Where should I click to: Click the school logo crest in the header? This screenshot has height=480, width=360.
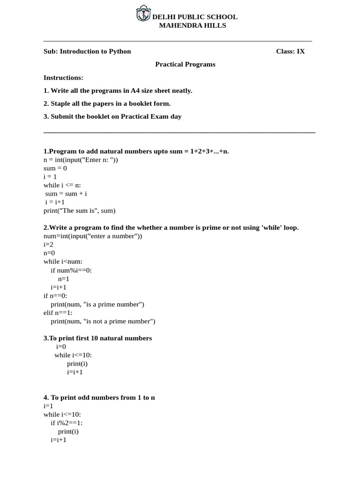click(143, 14)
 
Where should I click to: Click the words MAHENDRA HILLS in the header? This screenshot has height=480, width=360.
click(192, 25)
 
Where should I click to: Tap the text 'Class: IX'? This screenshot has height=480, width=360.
click(290, 51)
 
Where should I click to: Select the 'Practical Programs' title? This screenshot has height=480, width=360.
click(185, 64)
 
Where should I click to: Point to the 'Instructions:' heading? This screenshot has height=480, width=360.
click(63, 77)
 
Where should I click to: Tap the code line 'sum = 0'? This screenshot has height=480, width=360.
click(55, 168)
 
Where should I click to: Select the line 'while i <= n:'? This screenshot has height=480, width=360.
click(62, 185)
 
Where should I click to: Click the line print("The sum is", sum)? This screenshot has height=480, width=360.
click(79, 210)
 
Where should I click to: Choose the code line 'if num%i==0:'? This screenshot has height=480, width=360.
click(71, 270)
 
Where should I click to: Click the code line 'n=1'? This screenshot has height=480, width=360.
click(64, 278)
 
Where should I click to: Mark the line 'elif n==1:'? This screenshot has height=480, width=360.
click(58, 313)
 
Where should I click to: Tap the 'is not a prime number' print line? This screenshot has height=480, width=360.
click(103, 321)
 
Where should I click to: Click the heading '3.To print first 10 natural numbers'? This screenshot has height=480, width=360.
click(97, 338)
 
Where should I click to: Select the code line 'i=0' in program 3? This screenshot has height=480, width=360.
click(61, 346)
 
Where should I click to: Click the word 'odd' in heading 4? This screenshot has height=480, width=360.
click(83, 397)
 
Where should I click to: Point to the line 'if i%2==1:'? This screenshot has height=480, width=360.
click(67, 423)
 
